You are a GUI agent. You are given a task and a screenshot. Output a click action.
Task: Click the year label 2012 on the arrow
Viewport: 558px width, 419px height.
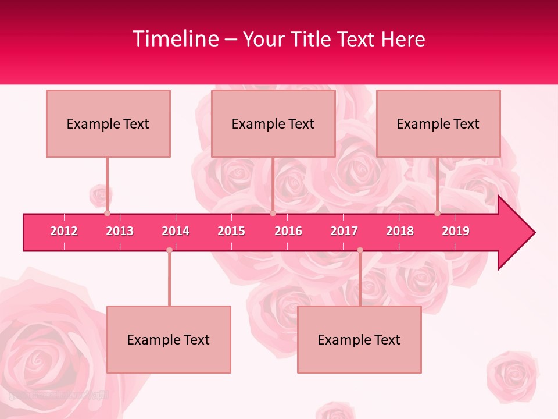(x=64, y=231)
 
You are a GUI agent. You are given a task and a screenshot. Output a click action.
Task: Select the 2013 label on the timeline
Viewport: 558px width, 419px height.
(x=120, y=231)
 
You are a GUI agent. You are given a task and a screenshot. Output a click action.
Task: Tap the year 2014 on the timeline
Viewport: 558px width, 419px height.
(x=176, y=231)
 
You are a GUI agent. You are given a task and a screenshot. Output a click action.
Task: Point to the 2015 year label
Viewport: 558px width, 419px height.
(x=231, y=231)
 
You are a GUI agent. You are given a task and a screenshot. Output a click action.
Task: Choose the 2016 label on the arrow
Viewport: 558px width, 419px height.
(x=288, y=231)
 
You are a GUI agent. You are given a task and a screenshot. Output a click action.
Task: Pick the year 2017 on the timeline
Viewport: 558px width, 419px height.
(x=344, y=231)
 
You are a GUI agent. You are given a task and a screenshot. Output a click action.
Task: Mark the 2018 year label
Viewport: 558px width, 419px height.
(x=400, y=231)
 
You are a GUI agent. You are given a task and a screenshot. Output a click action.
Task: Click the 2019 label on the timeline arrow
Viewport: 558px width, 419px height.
(x=456, y=231)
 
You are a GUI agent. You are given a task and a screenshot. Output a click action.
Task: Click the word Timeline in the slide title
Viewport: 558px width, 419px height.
(x=175, y=39)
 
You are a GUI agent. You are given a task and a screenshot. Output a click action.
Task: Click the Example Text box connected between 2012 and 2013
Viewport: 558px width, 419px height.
(x=108, y=123)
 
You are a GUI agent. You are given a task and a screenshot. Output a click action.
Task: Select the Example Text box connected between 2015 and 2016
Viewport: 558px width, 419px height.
(x=273, y=123)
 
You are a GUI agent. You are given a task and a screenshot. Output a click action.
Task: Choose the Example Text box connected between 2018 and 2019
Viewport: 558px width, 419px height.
(x=438, y=123)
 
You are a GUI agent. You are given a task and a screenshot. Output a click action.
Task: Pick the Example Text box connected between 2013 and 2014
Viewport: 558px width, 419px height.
(x=169, y=339)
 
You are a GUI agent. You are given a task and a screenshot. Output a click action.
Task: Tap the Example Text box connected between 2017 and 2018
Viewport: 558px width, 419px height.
(x=359, y=339)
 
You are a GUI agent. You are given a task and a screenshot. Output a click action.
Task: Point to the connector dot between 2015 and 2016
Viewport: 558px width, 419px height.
(x=273, y=214)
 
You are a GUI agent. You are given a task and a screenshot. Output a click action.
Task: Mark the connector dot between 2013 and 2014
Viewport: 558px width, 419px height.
(x=169, y=250)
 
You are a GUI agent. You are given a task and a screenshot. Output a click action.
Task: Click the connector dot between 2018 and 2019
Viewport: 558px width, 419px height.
(x=438, y=214)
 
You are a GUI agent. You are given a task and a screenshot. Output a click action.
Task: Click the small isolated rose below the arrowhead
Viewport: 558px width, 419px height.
(x=513, y=375)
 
